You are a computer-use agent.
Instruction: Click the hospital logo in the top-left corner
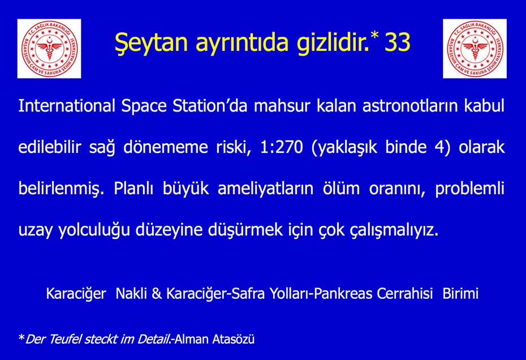pos(49,49)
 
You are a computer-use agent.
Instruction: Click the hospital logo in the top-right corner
pos(475,49)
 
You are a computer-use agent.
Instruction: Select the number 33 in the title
pos(398,42)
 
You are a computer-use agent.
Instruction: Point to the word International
pos(67,105)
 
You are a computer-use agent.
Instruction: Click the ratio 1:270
pos(282,147)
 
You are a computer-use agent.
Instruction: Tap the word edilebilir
pos(50,147)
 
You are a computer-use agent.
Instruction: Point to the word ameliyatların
pos(266,188)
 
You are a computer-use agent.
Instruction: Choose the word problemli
pos(469,188)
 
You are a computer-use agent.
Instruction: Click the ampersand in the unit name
pos(157,294)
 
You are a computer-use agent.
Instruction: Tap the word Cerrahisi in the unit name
pos(404,294)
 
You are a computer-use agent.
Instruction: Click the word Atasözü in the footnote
pos(233,339)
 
